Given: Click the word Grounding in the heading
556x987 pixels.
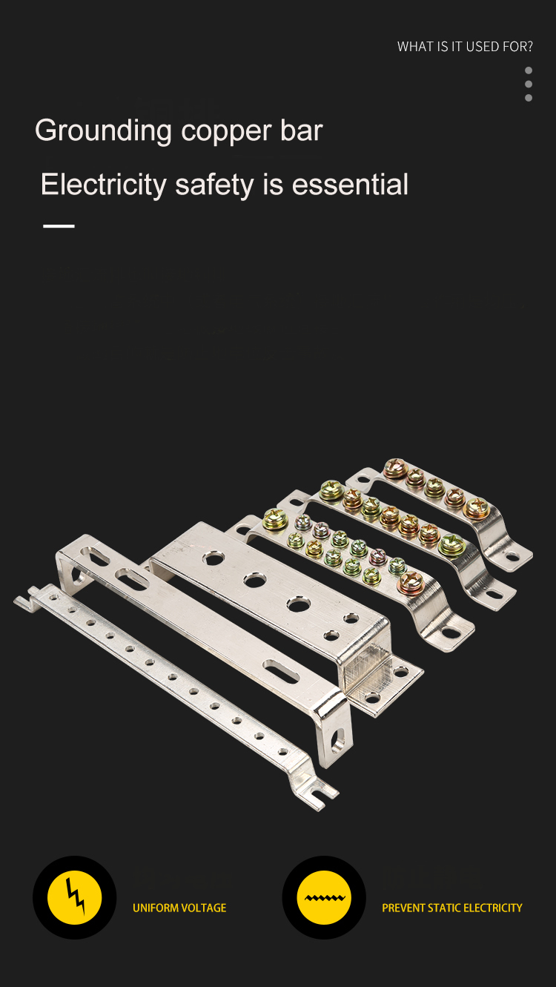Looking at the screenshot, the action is tap(103, 131).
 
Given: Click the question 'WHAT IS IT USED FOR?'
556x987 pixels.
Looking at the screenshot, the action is tap(465, 47).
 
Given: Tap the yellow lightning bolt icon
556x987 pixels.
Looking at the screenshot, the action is tap(74, 897).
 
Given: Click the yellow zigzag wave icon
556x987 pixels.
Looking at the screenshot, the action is tap(324, 897).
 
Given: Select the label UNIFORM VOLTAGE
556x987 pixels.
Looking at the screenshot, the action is tap(179, 908).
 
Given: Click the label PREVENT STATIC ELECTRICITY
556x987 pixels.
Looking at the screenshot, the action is tap(452, 908).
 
